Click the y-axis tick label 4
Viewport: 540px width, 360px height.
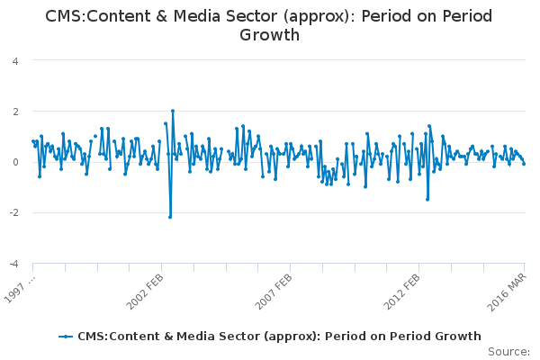tap(15, 60)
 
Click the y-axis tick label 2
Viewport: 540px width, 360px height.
tap(15, 112)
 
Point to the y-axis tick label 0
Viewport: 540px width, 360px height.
tap(15, 162)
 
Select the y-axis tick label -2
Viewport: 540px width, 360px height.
tap(13, 213)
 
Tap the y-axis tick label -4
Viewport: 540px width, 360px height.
tap(13, 264)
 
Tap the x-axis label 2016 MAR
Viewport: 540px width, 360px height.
tap(507, 287)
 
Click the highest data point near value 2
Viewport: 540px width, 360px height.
tap(172, 111)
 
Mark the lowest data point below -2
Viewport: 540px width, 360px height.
tap(170, 217)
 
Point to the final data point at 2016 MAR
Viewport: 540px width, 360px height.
tap(524, 163)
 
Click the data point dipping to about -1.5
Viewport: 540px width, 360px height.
tap(427, 199)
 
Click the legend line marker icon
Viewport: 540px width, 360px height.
tap(66, 336)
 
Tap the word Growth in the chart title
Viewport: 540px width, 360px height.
tap(270, 35)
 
